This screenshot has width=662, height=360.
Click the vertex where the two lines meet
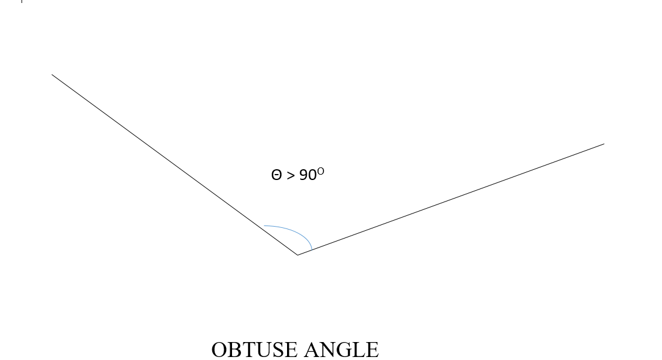click(x=298, y=255)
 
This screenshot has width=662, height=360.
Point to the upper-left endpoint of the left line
click(x=52, y=74)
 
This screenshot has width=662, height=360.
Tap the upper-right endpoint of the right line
click(x=604, y=144)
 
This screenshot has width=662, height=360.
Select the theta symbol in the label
click(x=276, y=175)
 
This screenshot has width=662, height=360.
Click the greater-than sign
click(x=291, y=176)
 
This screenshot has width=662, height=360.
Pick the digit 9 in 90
click(x=303, y=175)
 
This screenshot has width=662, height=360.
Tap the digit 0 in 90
click(x=312, y=175)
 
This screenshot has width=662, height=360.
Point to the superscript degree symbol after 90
click(x=321, y=171)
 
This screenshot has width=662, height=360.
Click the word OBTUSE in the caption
click(x=254, y=350)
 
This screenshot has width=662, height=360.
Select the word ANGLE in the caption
click(x=341, y=350)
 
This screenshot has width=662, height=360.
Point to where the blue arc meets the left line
click(x=264, y=226)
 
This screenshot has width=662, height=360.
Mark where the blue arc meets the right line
click(x=312, y=250)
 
